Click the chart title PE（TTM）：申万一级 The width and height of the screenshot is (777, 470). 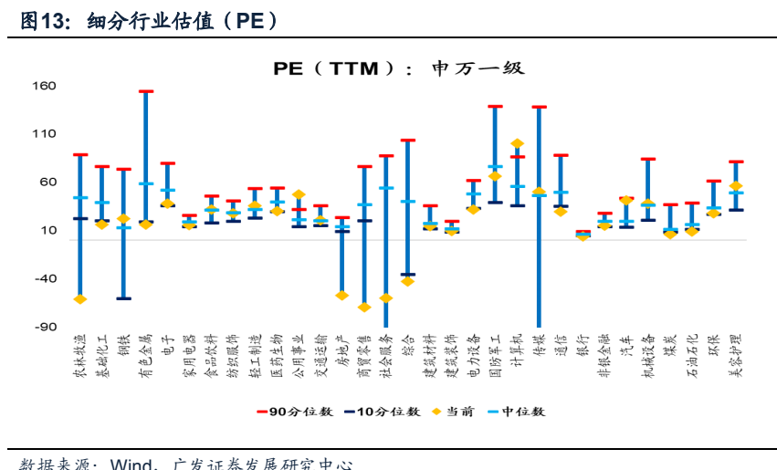pyautogui.click(x=399, y=68)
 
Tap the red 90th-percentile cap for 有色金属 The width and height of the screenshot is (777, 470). pyautogui.click(x=146, y=91)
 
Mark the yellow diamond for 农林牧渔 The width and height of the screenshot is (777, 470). pyautogui.click(x=80, y=299)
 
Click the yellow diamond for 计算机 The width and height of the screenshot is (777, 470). pyautogui.click(x=517, y=143)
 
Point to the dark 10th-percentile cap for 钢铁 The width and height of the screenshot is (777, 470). pyautogui.click(x=124, y=298)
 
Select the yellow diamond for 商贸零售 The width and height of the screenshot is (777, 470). pyautogui.click(x=364, y=308)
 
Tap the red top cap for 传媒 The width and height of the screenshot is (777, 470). pyautogui.click(x=539, y=107)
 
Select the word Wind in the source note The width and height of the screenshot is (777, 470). pyautogui.click(x=137, y=463)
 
